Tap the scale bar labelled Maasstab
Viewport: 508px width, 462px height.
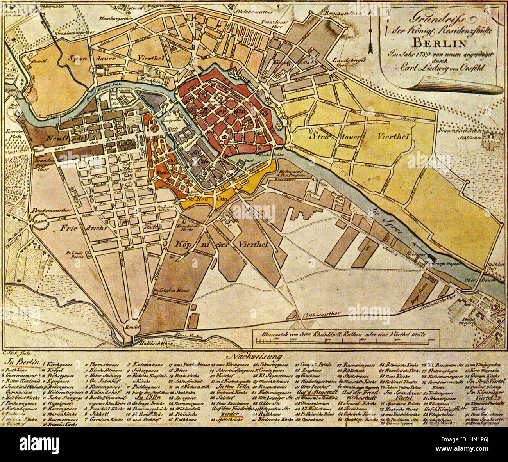click(x=344, y=338)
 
